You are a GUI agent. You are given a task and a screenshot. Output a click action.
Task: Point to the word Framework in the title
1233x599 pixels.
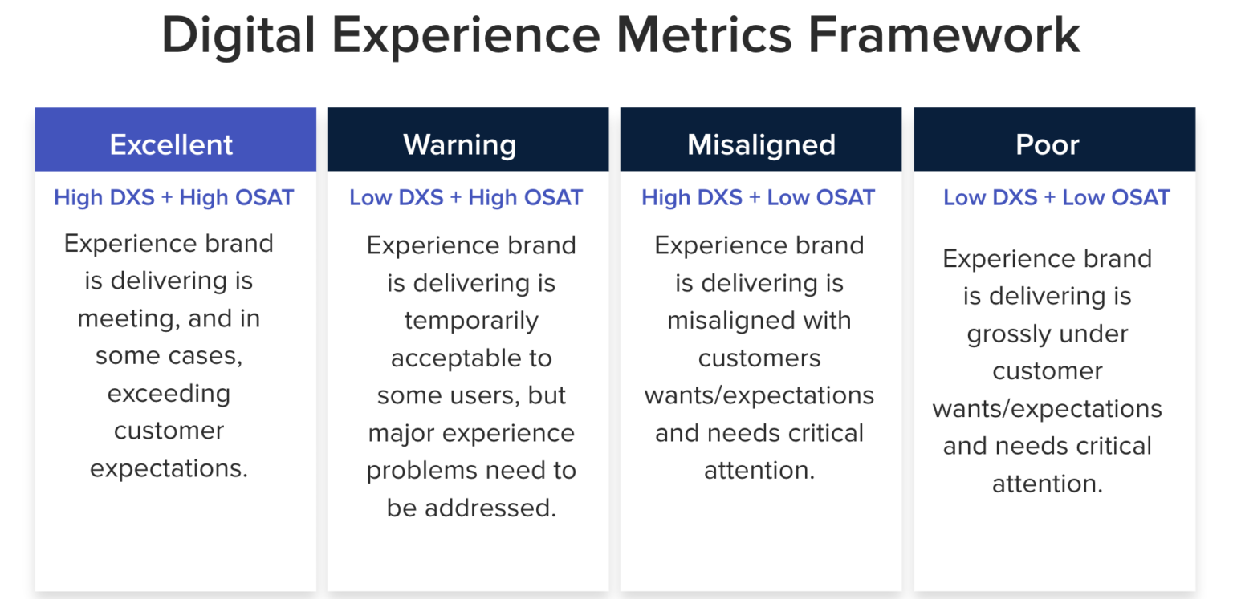944,36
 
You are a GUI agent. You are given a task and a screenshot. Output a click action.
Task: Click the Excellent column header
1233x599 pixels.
171,144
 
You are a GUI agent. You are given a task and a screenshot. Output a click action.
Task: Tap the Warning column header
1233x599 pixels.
460,144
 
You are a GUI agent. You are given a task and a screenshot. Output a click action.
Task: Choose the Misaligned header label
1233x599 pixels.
761,144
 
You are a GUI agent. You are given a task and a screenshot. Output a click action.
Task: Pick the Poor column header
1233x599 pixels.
1048,144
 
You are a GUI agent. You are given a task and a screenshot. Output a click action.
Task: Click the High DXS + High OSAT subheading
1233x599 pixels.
173,197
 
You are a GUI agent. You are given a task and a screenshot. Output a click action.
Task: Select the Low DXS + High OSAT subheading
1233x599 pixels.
466,197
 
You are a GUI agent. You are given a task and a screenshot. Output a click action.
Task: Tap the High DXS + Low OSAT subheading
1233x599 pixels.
758,197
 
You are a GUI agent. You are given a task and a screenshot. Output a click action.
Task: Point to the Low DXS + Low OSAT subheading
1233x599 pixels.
1056,197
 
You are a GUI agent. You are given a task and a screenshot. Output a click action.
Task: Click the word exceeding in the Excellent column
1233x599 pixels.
169,393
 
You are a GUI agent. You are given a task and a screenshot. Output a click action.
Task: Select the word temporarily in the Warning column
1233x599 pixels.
471,320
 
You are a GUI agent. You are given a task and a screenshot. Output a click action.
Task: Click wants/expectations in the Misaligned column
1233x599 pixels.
759,395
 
